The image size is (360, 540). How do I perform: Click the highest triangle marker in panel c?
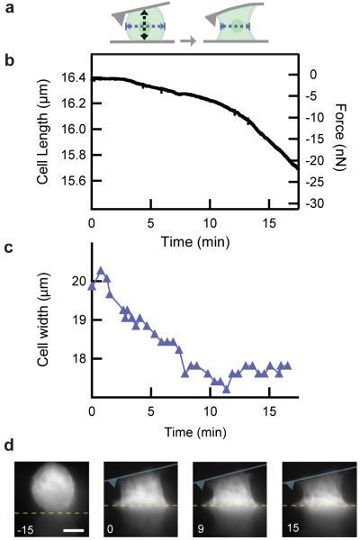coord(101,270)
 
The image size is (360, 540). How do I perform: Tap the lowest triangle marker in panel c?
coord(227,390)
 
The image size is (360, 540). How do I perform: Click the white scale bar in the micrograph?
coord(72,529)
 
